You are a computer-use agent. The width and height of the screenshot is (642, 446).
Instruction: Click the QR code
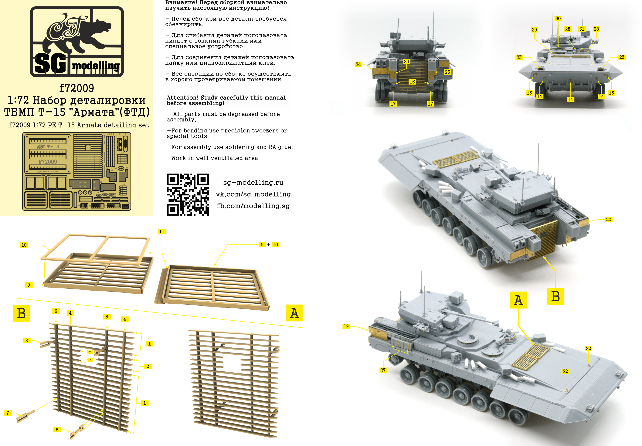point(188,194)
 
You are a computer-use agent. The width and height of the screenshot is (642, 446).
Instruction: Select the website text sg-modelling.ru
point(253,182)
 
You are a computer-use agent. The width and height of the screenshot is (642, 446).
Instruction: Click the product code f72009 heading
point(76,88)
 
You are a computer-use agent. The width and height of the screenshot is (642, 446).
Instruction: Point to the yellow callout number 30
point(558,19)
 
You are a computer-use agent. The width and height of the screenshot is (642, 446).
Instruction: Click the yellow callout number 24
point(358,64)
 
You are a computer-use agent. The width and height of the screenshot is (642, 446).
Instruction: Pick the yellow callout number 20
point(608,220)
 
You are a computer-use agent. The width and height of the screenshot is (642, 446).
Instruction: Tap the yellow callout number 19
point(346,326)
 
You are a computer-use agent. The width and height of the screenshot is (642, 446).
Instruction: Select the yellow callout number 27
point(383,370)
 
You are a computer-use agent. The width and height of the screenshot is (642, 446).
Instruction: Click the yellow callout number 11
point(161,232)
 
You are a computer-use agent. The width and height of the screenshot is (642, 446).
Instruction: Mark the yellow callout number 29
point(534,30)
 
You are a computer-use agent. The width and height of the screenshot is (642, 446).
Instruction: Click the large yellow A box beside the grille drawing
point(294,313)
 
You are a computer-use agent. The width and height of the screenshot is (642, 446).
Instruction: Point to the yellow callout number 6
point(56,311)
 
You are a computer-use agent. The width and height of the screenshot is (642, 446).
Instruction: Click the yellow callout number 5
point(107,317)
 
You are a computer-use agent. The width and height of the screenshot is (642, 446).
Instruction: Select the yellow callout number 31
point(582,29)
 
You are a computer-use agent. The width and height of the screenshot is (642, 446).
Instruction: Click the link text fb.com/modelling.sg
point(253,206)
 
